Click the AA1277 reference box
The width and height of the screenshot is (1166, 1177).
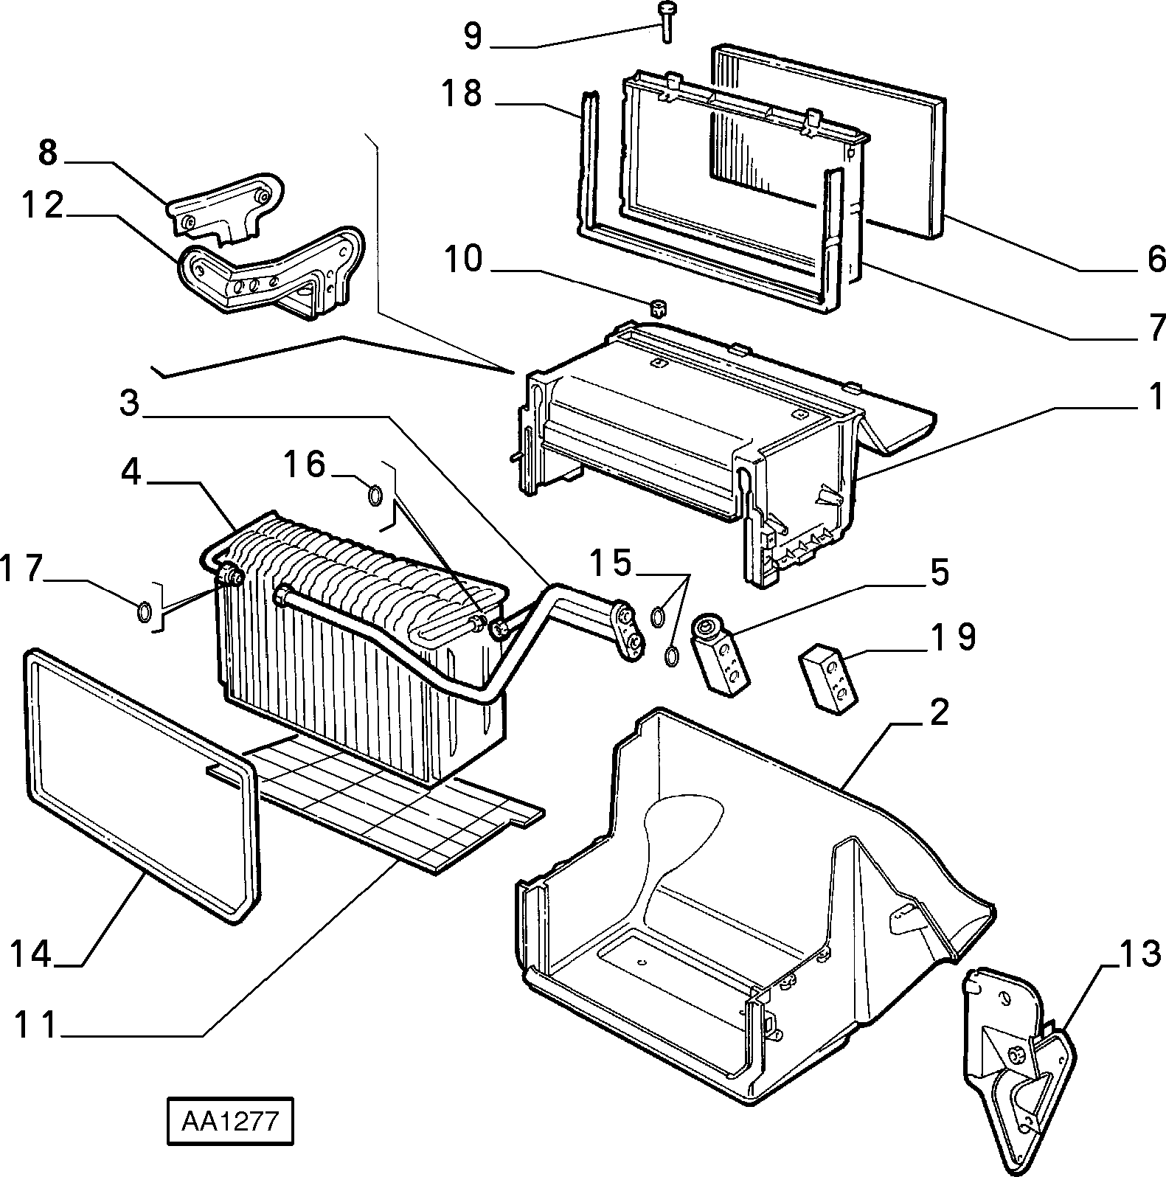[229, 1122]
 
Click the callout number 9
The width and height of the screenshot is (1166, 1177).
[473, 35]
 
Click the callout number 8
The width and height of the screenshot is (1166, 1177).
[47, 153]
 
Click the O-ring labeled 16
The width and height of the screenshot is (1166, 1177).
[375, 496]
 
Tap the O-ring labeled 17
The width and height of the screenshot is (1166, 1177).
[145, 611]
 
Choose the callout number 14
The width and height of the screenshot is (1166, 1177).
[32, 954]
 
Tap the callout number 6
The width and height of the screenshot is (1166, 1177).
[1155, 258]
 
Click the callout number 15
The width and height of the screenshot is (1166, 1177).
[610, 563]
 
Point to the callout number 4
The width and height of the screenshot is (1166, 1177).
[131, 472]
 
